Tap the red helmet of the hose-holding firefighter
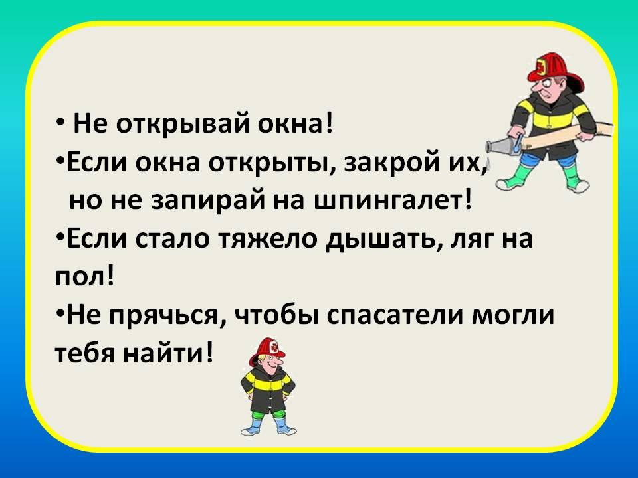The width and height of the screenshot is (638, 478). click(555, 71)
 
